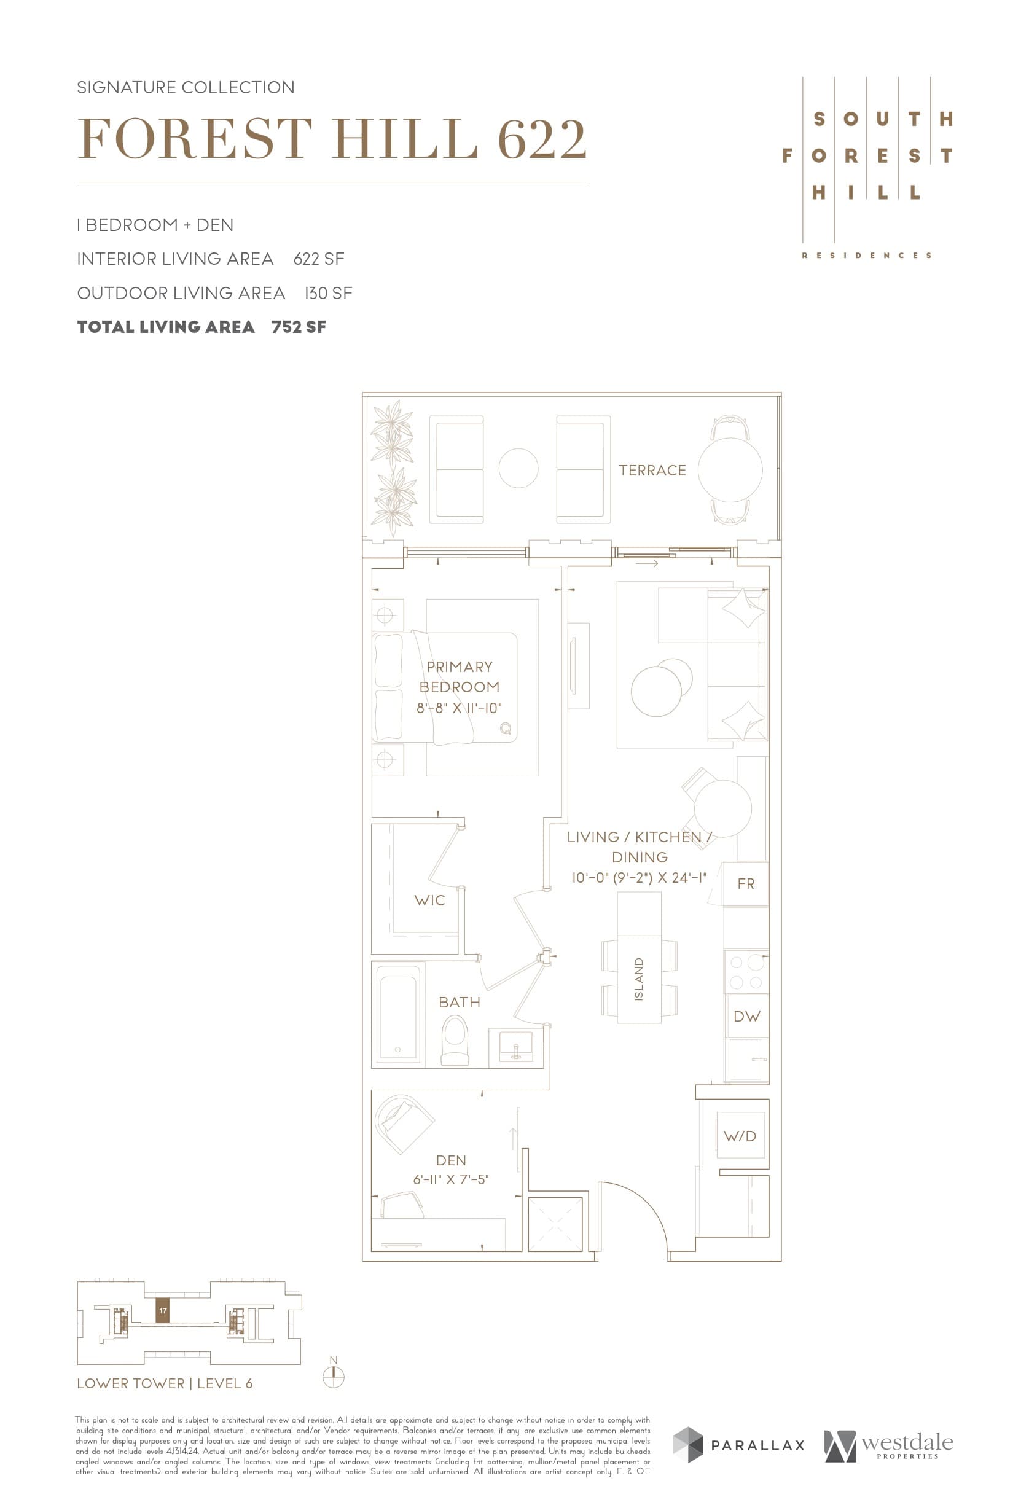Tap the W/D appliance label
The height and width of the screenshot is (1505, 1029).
point(740,1136)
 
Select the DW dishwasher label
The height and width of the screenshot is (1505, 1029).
point(746,1016)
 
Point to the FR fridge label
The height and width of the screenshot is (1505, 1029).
point(746,883)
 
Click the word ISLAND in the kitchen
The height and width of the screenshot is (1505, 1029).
point(639,979)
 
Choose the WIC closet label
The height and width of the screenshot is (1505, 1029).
point(429,900)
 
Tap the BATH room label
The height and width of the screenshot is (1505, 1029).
point(459,1002)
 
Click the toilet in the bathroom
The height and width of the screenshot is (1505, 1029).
point(455,1040)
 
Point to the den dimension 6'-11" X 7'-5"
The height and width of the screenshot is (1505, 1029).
point(451,1179)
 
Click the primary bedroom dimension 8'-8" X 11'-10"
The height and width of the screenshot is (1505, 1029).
point(459,708)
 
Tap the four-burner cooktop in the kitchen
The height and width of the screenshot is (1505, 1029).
point(746,972)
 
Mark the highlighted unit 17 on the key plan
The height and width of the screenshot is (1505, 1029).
point(163,1310)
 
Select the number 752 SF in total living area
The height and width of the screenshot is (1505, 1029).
point(299,327)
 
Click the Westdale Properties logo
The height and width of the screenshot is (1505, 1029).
point(888,1445)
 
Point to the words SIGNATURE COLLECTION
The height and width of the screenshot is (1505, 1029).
point(186,87)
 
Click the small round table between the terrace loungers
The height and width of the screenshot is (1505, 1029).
point(518,468)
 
